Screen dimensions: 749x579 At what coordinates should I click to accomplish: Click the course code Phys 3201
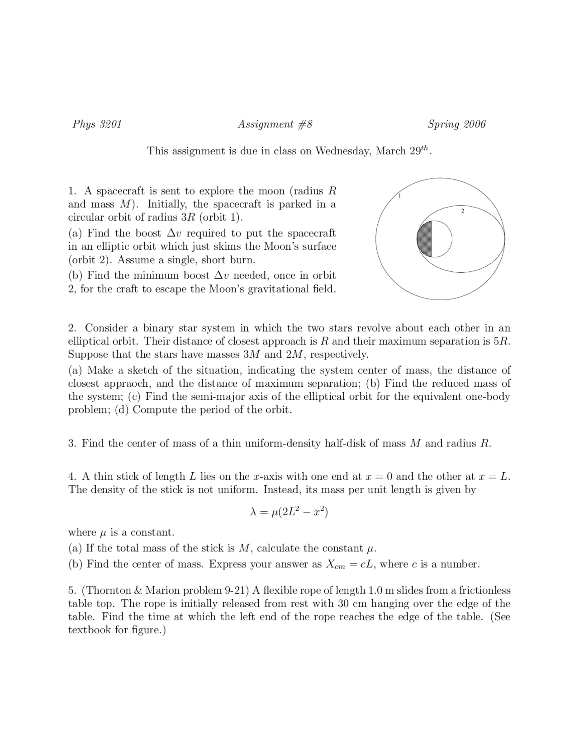coord(97,124)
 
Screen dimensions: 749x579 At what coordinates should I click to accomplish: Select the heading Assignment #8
coord(275,124)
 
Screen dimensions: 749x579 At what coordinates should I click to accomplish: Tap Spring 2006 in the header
coord(456,124)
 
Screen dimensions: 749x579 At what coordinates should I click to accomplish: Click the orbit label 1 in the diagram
coord(400,196)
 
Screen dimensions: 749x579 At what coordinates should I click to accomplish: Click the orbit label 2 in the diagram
coord(462,211)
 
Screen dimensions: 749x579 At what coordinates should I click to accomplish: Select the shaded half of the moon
coord(425,239)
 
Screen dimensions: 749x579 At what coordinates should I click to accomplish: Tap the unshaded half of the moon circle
coord(442,239)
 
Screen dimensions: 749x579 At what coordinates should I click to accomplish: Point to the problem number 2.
coord(72,328)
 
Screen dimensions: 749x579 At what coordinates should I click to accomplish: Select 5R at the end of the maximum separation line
coord(503,341)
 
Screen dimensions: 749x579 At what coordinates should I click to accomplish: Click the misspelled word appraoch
coord(127,384)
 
